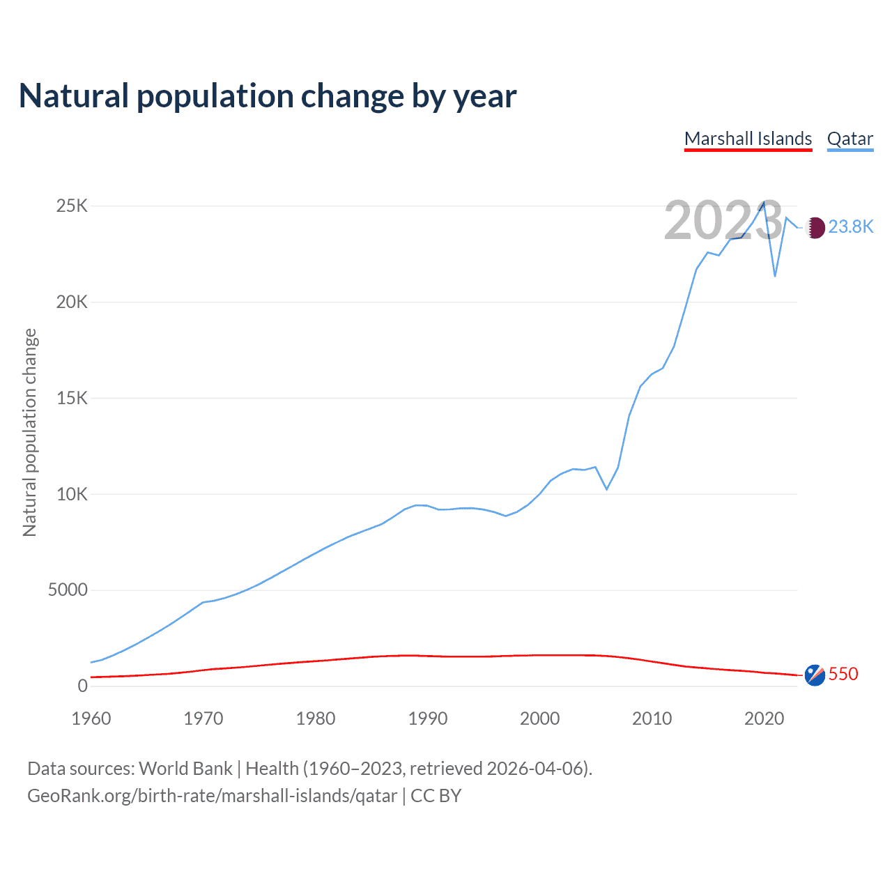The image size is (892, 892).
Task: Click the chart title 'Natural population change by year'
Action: click(268, 96)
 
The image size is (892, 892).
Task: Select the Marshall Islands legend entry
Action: click(748, 139)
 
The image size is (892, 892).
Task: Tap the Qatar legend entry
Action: click(849, 139)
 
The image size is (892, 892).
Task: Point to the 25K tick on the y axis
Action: click(72, 206)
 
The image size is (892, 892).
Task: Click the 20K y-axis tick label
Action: click(72, 302)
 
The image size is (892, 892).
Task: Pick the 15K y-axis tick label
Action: click(72, 399)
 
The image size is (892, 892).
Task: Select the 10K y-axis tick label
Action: click(72, 495)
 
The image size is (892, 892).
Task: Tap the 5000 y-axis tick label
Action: click(68, 590)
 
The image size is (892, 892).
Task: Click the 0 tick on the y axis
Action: click(83, 686)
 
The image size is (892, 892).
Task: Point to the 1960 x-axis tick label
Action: click(91, 718)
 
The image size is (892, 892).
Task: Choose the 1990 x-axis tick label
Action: click(428, 718)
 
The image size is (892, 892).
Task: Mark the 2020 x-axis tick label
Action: click(764, 718)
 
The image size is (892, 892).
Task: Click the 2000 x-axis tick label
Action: click(540, 718)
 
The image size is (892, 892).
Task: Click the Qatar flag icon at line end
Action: click(815, 227)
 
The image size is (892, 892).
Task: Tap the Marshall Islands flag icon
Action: click(815, 675)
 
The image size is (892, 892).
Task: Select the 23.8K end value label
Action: click(850, 227)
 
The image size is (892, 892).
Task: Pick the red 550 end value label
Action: click(843, 675)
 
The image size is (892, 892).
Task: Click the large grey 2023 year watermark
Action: click(723, 221)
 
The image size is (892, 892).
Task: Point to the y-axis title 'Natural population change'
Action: click(30, 433)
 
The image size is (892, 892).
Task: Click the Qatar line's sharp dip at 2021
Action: click(775, 276)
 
